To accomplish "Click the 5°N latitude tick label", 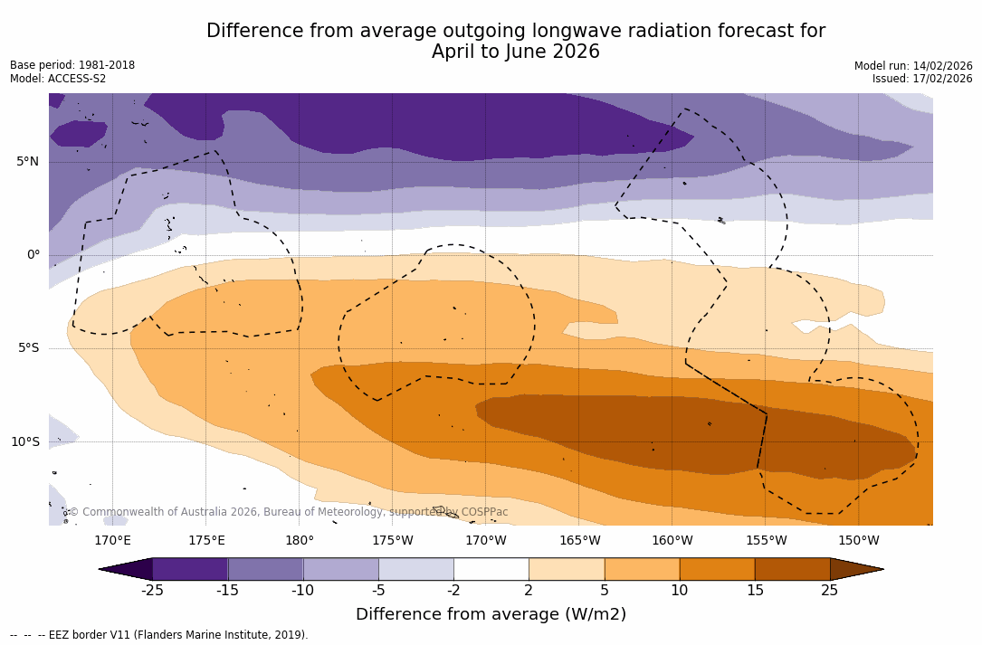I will click(x=27, y=162).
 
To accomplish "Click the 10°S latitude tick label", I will click(x=24, y=442).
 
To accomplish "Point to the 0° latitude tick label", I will click(x=33, y=255).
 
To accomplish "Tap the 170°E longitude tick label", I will click(x=112, y=541).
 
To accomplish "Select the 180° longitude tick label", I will click(x=300, y=541).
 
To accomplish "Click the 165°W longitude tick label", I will click(x=579, y=541).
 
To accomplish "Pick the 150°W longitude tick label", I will click(x=858, y=541).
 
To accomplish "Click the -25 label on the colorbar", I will click(x=152, y=591).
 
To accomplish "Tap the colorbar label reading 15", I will click(x=754, y=591).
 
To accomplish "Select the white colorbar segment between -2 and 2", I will click(x=491, y=569).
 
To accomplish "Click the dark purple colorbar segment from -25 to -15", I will click(x=190, y=569).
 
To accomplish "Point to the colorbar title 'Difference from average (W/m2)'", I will click(x=491, y=614).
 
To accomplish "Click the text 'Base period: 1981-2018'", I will click(x=72, y=65).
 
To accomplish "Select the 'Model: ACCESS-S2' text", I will click(x=58, y=79).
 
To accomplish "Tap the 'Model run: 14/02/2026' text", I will click(x=913, y=66).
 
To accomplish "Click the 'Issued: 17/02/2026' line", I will click(x=922, y=79).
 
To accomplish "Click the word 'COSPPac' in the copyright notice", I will click(x=484, y=512).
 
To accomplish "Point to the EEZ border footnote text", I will click(x=159, y=635).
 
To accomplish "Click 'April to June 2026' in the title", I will click(x=516, y=52).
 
